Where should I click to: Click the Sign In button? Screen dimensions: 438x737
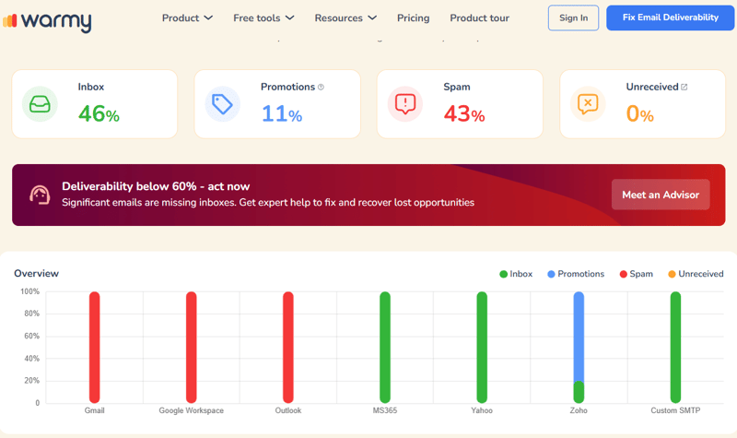pyautogui.click(x=573, y=18)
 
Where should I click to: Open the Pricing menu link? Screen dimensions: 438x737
pyautogui.click(x=413, y=18)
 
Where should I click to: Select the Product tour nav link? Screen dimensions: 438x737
pyautogui.click(x=479, y=18)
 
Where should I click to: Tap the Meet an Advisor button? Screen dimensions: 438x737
pyautogui.click(x=661, y=195)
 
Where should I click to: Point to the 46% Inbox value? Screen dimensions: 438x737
pyautogui.click(x=99, y=114)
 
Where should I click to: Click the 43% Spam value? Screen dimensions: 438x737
pyautogui.click(x=464, y=114)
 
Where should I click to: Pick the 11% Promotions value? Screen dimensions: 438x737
pyautogui.click(x=282, y=114)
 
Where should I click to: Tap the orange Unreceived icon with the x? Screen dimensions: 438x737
pyautogui.click(x=588, y=104)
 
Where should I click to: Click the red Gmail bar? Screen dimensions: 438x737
pyautogui.click(x=94, y=346)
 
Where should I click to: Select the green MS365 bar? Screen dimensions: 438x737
pyautogui.click(x=385, y=346)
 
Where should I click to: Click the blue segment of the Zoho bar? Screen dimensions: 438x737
pyautogui.click(x=579, y=337)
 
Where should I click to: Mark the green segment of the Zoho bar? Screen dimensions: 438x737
pyautogui.click(x=579, y=392)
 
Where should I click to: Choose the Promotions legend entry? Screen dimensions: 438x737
pyautogui.click(x=576, y=274)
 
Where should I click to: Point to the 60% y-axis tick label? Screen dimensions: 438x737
pyautogui.click(x=31, y=337)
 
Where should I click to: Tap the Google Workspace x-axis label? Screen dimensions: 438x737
pyautogui.click(x=191, y=410)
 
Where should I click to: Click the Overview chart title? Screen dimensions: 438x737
pyautogui.click(x=36, y=273)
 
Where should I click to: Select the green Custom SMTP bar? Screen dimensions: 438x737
pyautogui.click(x=675, y=346)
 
